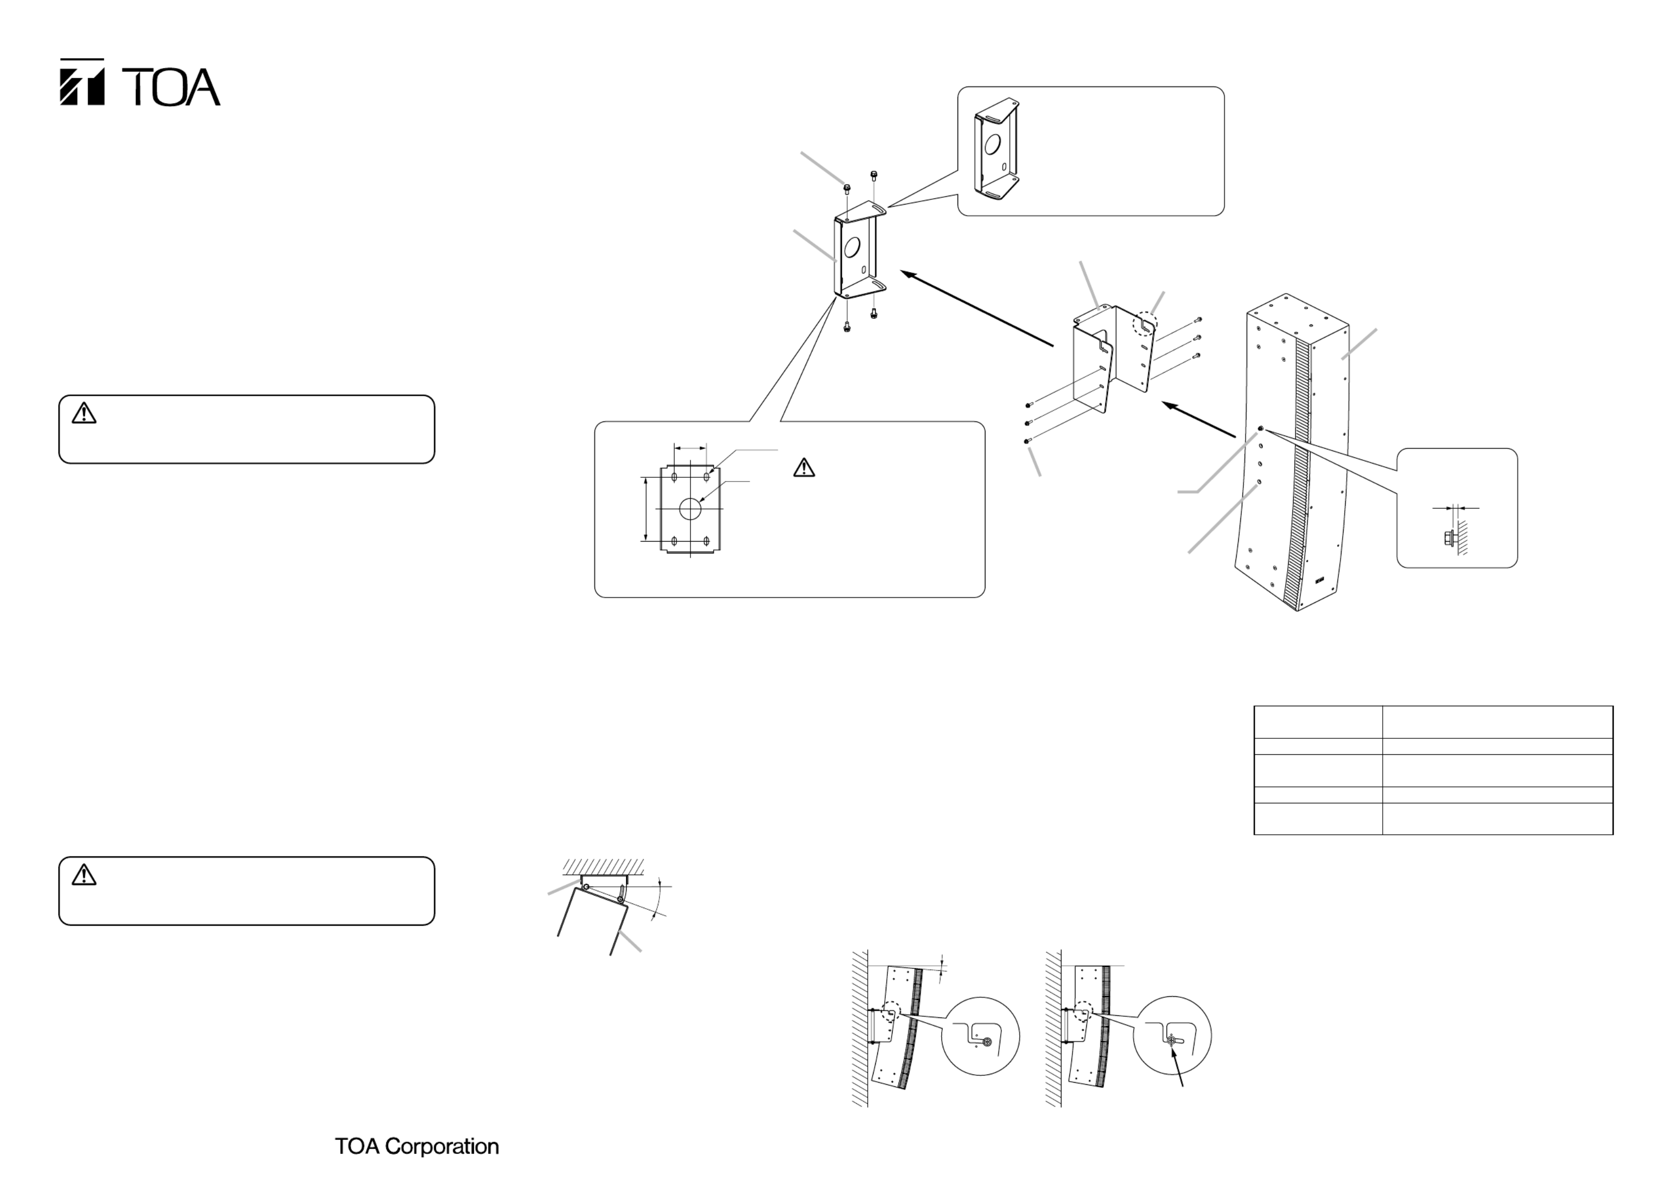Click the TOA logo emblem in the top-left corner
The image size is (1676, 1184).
pos(82,82)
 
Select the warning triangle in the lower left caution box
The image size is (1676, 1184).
pos(84,874)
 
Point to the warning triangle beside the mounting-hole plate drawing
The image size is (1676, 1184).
pos(803,467)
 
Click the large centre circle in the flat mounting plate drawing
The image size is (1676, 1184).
pos(690,509)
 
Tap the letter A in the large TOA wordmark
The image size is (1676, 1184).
pos(202,88)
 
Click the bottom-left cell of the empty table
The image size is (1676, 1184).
pos(1318,819)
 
